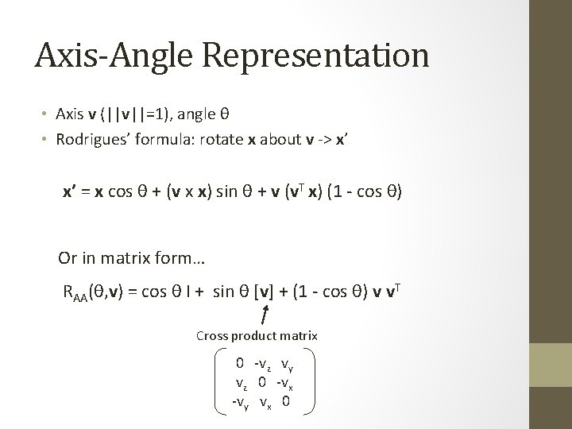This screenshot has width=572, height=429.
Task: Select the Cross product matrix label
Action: pos(257,336)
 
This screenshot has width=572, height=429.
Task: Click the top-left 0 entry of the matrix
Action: pos(239,365)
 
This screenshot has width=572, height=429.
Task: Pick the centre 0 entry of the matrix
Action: pos(262,383)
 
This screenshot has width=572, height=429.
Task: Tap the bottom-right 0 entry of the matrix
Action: pos(285,401)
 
